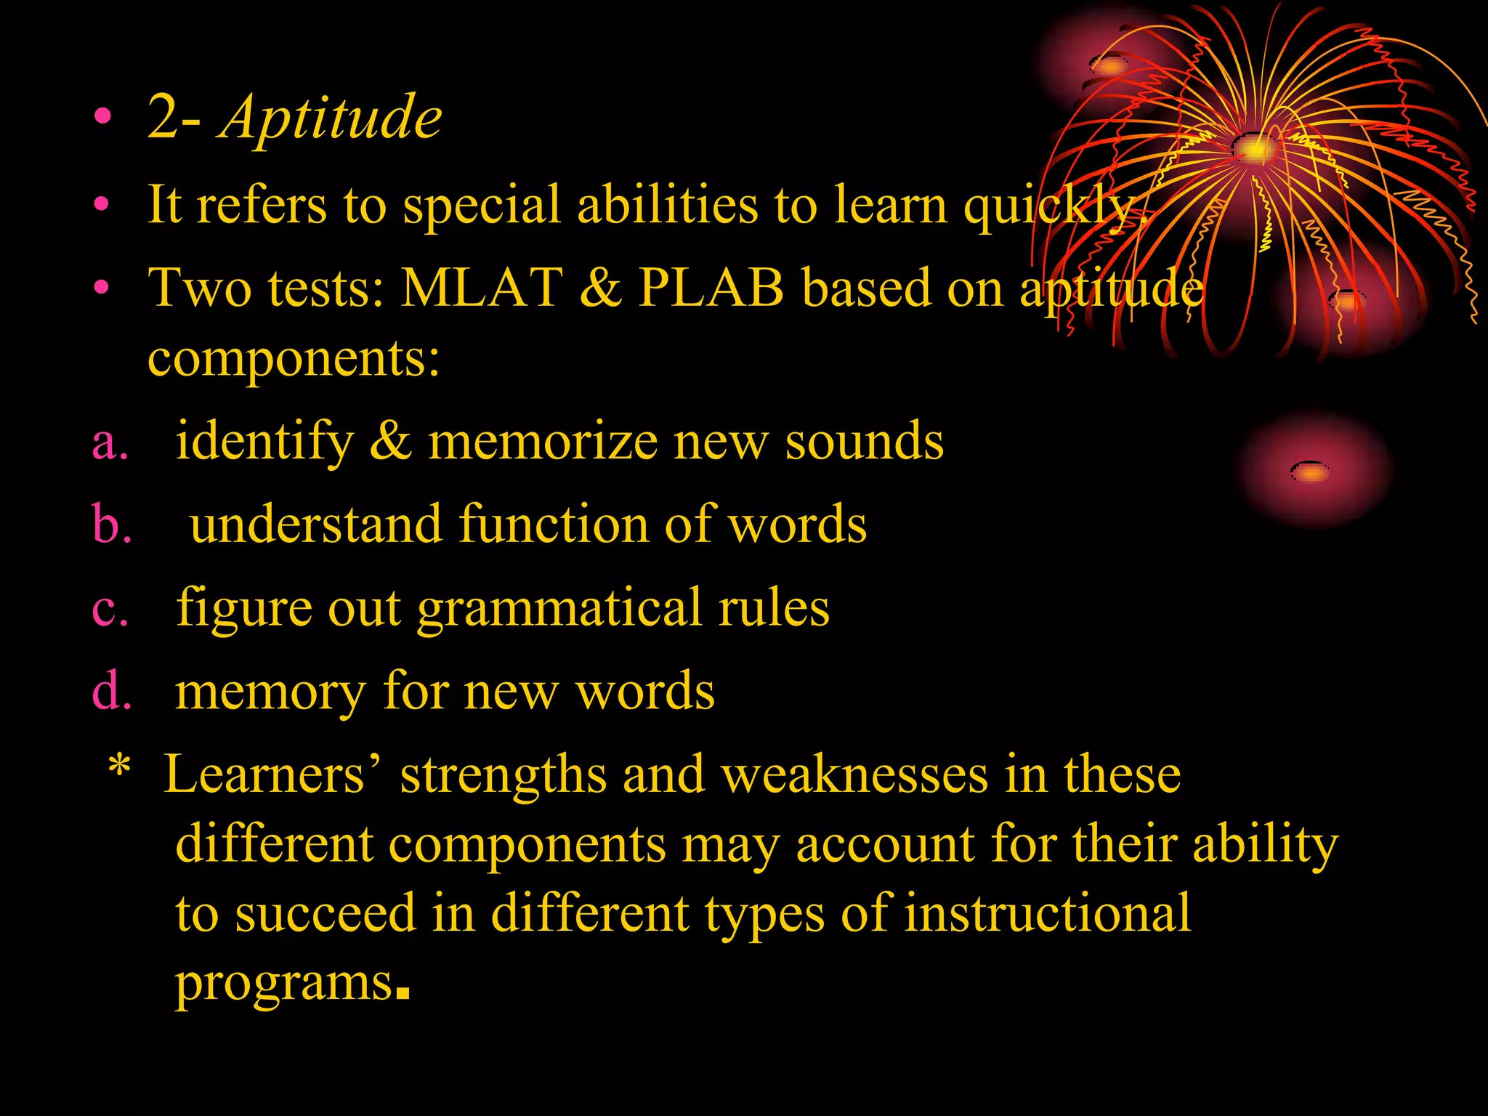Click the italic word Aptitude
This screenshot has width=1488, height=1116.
[x=331, y=118]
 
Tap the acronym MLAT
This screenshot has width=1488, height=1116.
[x=482, y=288]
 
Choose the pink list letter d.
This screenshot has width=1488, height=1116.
[x=111, y=691]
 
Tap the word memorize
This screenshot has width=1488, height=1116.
[x=542, y=442]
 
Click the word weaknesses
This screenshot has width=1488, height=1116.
[x=854, y=775]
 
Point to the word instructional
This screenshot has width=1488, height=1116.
[x=1047, y=913]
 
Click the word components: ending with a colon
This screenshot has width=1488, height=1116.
[x=294, y=358]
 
